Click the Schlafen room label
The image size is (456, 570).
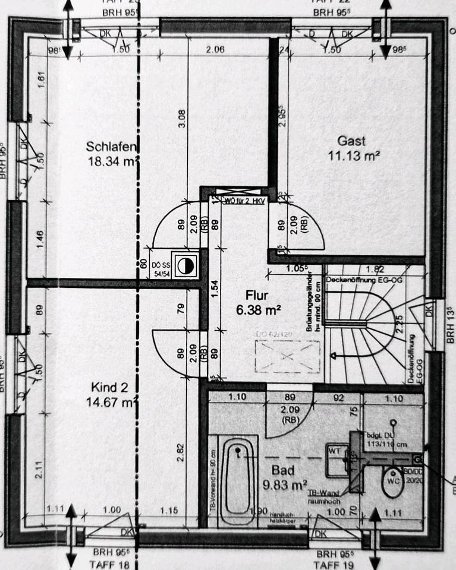coord(112,147)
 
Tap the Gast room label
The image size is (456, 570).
coord(351,141)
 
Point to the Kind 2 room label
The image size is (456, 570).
coord(109,388)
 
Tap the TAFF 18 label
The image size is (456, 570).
coord(109,563)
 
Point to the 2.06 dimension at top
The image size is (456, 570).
coord(215,50)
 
